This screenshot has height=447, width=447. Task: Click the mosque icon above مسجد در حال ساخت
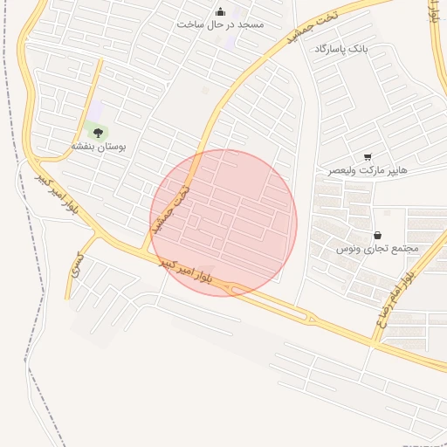point(219,11)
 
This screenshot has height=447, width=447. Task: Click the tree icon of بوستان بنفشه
point(98,133)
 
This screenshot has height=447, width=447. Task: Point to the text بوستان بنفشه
point(99,147)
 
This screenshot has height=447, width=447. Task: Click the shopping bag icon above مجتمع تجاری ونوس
point(377,235)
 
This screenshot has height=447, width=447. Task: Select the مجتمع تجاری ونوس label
point(378,249)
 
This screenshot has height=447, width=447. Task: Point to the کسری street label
point(77,264)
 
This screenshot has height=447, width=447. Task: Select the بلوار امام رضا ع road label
point(395,297)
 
